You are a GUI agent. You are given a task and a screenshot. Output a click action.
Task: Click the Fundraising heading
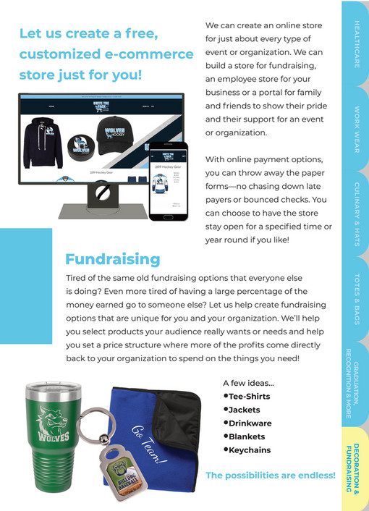pyautogui.click(x=113, y=259)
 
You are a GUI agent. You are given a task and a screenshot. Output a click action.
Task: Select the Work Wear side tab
pyautogui.click(x=356, y=130)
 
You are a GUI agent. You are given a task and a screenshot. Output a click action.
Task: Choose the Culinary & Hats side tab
pyautogui.click(x=356, y=215)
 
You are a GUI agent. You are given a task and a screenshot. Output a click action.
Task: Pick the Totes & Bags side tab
pyautogui.click(x=356, y=299)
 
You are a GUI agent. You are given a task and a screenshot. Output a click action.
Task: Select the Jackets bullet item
pyautogui.click(x=244, y=410)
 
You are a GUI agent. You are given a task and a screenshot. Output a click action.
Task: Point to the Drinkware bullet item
pyautogui.click(x=249, y=423)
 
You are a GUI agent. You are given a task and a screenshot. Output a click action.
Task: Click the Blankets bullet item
pyautogui.click(x=246, y=436)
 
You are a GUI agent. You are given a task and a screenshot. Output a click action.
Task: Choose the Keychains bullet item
pyautogui.click(x=249, y=450)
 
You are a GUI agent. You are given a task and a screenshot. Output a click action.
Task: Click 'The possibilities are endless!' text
pyautogui.click(x=271, y=476)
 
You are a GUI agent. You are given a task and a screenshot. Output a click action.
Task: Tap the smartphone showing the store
pyautogui.click(x=168, y=180)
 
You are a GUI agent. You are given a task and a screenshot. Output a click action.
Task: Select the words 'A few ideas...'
pyautogui.click(x=248, y=383)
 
